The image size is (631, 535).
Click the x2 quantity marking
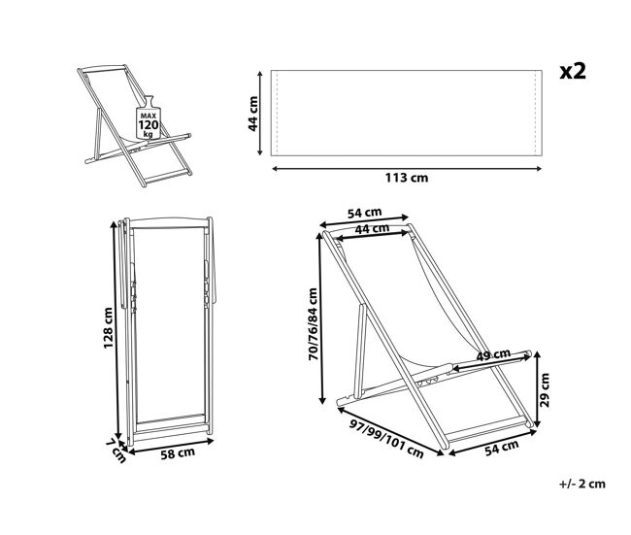[x=573, y=71]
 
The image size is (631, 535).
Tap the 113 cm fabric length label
[x=407, y=178]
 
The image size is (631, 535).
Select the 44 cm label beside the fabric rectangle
[x=253, y=114]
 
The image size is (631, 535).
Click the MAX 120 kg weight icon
[x=149, y=117]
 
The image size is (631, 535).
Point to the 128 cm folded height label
[x=108, y=327]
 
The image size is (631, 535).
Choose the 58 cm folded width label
[x=178, y=453]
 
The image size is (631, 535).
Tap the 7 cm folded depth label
[x=116, y=451]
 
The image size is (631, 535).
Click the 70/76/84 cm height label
[x=313, y=324]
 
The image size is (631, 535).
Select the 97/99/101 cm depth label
[x=386, y=439]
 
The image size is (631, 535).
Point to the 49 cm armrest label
[x=493, y=354]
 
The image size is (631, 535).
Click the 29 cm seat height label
[x=544, y=389]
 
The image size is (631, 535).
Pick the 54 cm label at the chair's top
[x=364, y=213]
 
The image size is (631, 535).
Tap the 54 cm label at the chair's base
[x=502, y=448]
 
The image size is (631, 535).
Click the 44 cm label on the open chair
[x=372, y=228]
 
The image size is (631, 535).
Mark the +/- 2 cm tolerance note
[x=581, y=484]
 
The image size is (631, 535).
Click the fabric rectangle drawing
[x=407, y=114]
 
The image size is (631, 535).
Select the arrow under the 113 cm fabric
[x=407, y=169]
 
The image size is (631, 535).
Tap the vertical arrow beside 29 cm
[x=537, y=389]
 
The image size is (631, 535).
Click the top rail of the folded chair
[x=169, y=222]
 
